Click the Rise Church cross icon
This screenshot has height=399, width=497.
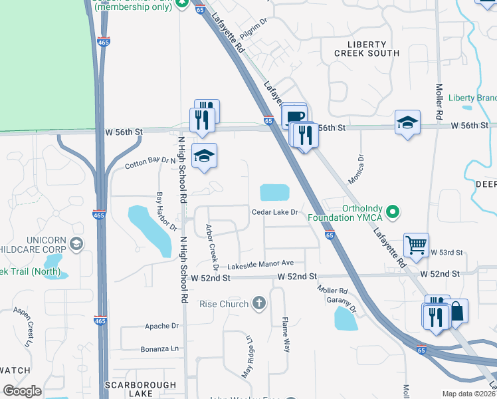click(259, 305)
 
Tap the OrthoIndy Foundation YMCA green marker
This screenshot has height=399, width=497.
click(393, 213)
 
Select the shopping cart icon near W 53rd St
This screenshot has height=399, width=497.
click(416, 245)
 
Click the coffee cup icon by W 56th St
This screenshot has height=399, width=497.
click(295, 116)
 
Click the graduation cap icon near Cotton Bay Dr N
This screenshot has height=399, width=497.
click(205, 156)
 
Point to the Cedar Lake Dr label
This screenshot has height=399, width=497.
click(276, 213)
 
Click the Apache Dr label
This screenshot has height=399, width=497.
click(162, 327)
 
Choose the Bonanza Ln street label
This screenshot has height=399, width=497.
click(159, 348)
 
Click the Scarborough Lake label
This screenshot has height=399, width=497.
click(140, 389)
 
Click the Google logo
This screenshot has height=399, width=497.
click(22, 391)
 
